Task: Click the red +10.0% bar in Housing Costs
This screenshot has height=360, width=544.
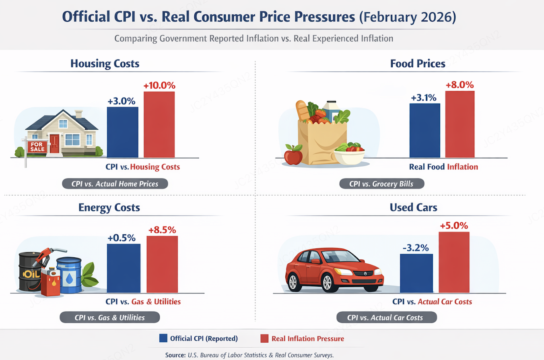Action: tap(159, 124)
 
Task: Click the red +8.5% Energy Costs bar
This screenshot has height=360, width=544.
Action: tap(162, 264)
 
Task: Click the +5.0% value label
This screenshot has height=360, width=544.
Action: tap(454, 225)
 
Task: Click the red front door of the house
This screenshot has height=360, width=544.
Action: tap(54, 144)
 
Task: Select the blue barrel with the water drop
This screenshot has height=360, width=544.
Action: tap(69, 275)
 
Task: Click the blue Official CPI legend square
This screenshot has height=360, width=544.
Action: tap(163, 338)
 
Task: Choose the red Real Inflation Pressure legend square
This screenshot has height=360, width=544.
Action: tap(264, 338)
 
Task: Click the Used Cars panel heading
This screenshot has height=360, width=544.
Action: tap(413, 207)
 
